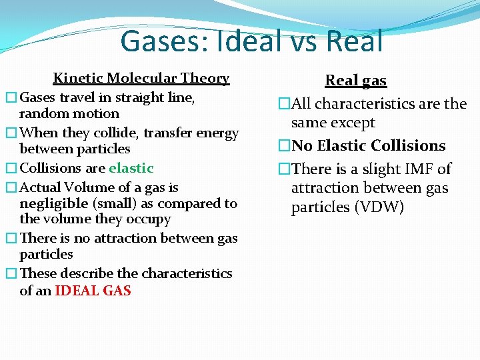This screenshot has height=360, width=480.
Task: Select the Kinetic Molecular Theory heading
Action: click(141, 78)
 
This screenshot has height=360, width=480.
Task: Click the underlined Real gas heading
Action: click(355, 81)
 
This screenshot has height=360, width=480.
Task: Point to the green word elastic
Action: click(131, 168)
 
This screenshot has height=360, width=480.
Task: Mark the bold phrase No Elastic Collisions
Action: click(368, 145)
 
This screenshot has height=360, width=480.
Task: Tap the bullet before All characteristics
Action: click(285, 105)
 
